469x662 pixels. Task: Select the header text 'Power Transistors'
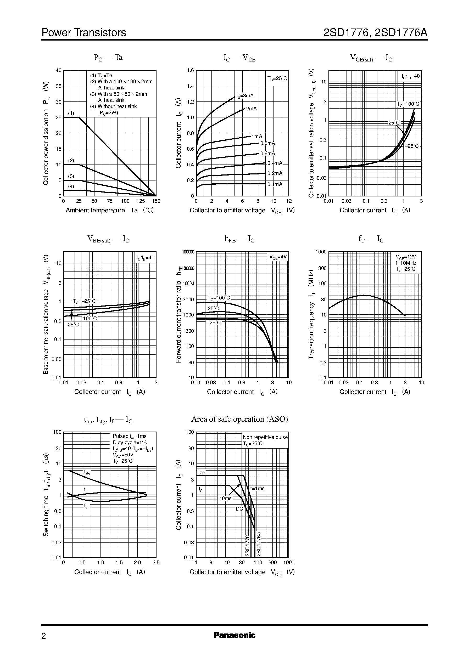click(x=84, y=33)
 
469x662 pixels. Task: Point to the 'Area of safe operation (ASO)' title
click(x=239, y=419)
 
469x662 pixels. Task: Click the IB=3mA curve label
click(x=245, y=96)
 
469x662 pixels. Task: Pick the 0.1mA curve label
click(x=275, y=184)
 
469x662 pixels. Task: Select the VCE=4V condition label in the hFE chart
click(x=278, y=257)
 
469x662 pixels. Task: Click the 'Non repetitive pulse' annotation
click(x=265, y=437)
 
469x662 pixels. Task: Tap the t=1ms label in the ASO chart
click(x=257, y=489)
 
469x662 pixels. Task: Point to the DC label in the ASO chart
click(x=239, y=509)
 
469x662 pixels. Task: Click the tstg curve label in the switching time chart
click(x=87, y=472)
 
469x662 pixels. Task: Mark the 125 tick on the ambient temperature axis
click(x=141, y=201)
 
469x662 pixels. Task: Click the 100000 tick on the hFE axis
click(x=188, y=252)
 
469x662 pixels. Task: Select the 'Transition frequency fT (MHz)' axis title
click(x=311, y=315)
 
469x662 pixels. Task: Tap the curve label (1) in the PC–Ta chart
click(x=71, y=113)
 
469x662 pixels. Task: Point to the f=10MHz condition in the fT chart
click(x=406, y=263)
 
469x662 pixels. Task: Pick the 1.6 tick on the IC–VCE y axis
click(x=190, y=70)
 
